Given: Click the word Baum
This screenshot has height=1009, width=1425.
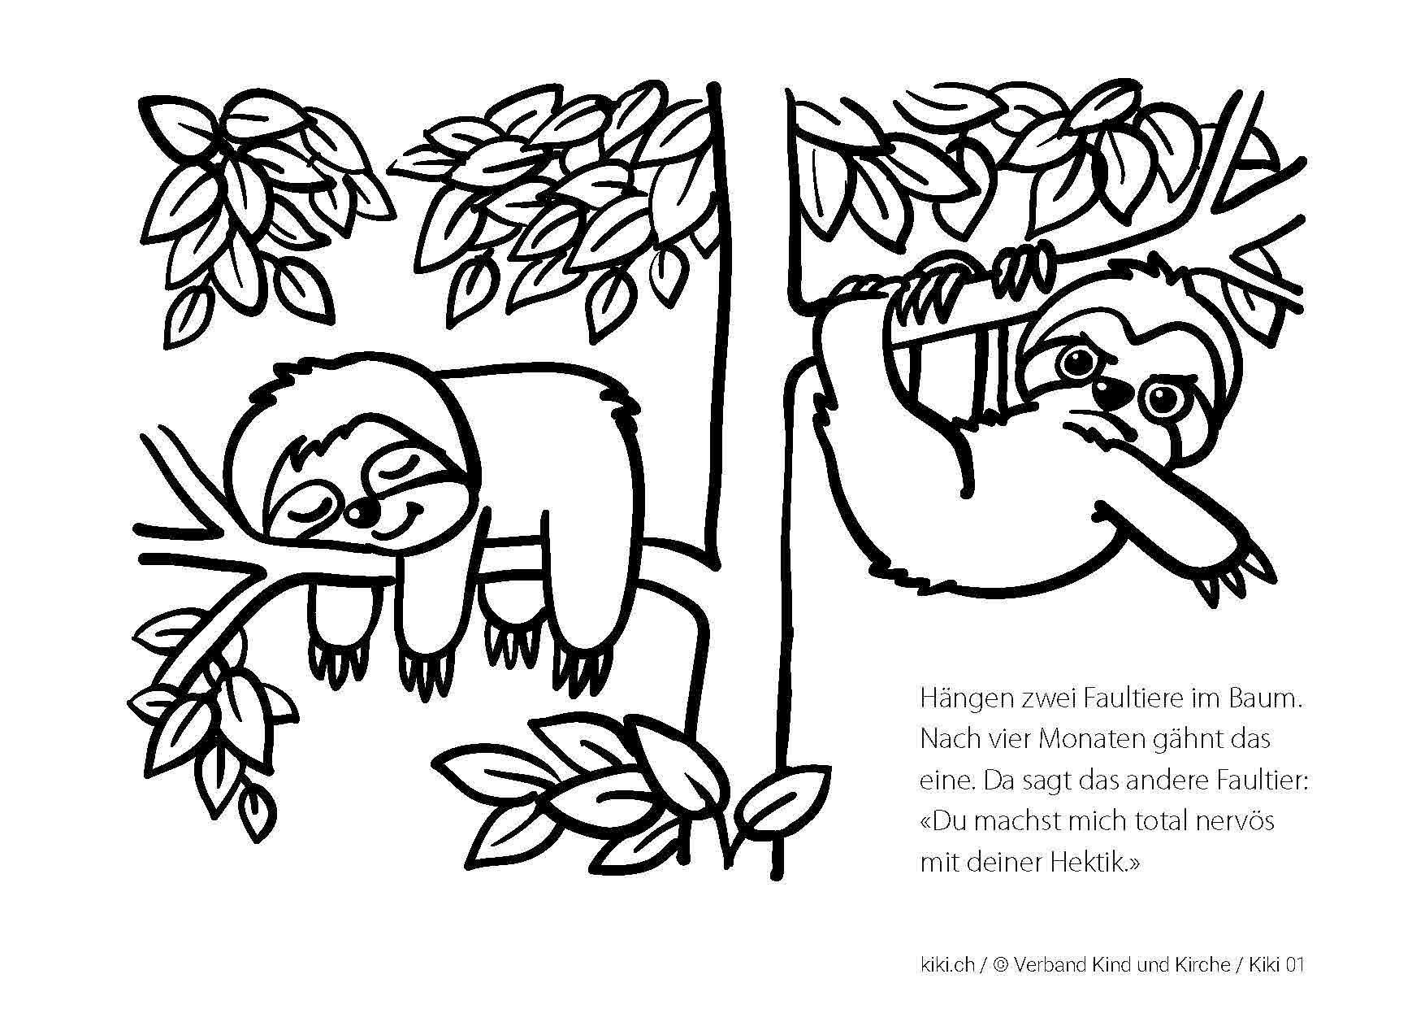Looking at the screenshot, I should point(1267,699).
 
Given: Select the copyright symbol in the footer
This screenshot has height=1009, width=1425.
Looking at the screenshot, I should point(1000,965).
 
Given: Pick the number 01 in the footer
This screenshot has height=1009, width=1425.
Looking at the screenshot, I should point(1295,965).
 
